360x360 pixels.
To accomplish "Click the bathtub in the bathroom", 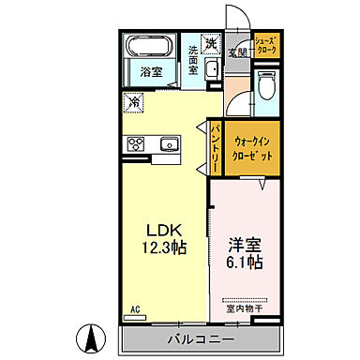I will click(150, 47).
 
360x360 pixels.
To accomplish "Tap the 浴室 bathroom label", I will click(151, 71).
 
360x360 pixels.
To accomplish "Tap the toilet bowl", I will click(266, 85).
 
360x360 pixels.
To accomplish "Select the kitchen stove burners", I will click(137, 143).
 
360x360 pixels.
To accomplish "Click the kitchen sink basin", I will click(170, 143).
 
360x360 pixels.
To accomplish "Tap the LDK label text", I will click(161, 229).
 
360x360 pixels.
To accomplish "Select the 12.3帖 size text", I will click(161, 249).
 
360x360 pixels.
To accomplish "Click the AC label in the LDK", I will click(135, 309).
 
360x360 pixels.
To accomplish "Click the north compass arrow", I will click(93, 337).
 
